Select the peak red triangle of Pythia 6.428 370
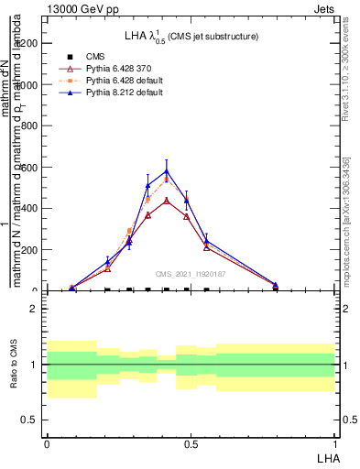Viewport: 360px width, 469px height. click(x=167, y=201)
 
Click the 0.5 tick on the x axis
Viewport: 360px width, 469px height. click(x=191, y=444)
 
